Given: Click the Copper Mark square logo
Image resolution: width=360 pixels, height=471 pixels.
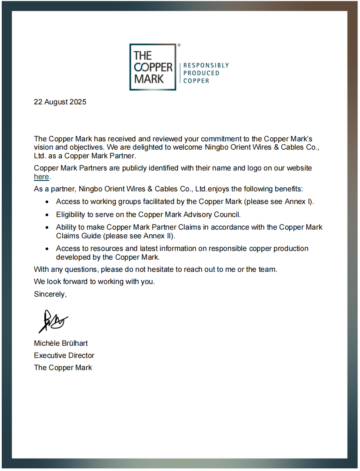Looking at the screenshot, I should coord(153,67).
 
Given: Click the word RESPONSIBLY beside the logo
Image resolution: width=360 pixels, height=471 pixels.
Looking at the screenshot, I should coord(206,65).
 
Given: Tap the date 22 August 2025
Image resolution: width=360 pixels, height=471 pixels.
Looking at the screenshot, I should coord(60,102).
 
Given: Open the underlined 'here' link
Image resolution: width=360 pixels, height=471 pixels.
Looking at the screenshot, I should coord(41,177).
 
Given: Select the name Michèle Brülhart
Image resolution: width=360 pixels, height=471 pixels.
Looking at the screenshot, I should coord(61,343).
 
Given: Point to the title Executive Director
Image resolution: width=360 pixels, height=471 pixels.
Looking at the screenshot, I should coord(64,355).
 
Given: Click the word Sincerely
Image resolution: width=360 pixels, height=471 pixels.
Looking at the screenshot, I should coord(50,294).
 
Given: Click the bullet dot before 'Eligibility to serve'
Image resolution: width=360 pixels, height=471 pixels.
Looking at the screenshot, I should coord(47,215).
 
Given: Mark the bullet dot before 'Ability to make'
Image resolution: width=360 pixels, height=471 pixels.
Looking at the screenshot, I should coord(47,227).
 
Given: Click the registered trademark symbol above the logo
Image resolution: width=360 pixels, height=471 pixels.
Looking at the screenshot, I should coord(179,45).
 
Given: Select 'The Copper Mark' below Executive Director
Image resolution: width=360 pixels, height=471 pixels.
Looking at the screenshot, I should coord(63,367).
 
